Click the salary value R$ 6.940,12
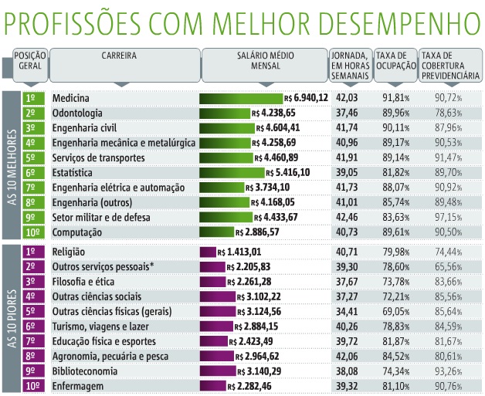click(306, 98)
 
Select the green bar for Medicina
click(241, 98)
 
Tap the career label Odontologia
click(82, 113)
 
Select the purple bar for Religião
click(207, 251)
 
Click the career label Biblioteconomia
click(90, 370)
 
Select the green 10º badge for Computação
click(32, 232)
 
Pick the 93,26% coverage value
click(449, 370)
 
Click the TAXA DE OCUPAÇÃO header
click(394, 62)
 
